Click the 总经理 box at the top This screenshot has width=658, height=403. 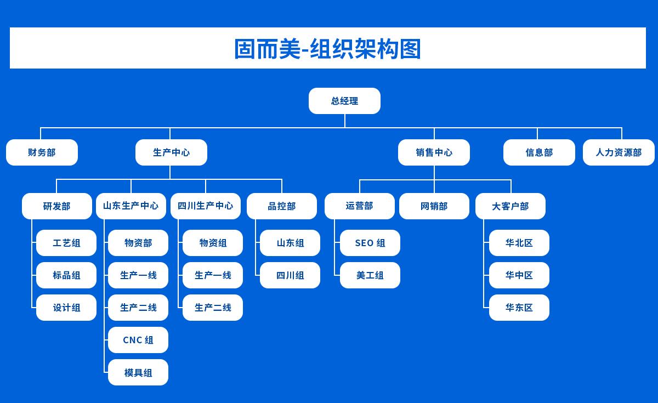point(344,101)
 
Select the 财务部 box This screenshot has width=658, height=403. point(42,152)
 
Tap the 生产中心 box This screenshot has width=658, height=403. point(171,152)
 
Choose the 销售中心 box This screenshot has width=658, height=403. point(434,152)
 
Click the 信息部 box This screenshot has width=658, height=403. point(539,152)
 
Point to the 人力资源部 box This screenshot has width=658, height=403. point(619,152)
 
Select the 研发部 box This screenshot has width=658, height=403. point(57,206)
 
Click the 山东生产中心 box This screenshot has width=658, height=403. point(131,206)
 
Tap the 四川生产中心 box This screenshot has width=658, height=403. point(206,206)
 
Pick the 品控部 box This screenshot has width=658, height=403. point(282,206)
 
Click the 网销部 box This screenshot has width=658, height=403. point(434,206)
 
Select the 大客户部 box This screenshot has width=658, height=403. point(510,206)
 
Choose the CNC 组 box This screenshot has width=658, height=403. point(138,340)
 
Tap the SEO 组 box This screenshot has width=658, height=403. point(370,243)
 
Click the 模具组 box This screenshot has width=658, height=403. point(138,372)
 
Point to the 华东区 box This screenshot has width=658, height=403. point(519,308)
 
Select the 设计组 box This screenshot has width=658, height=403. point(66,308)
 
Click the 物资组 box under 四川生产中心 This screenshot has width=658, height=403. point(213,243)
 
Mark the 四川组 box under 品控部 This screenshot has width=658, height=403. point(290,275)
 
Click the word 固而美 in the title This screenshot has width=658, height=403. point(266,49)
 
